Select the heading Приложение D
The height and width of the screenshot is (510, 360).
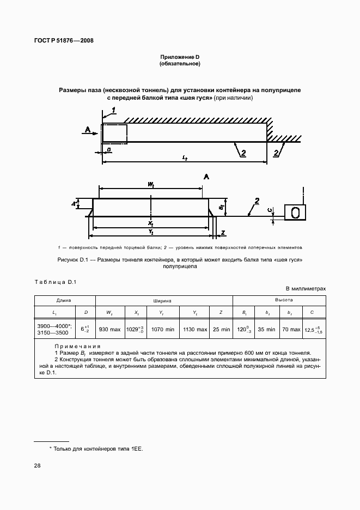click(x=180, y=57)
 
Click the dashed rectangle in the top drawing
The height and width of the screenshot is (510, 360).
click(x=114, y=133)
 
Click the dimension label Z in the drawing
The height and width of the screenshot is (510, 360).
click(x=223, y=233)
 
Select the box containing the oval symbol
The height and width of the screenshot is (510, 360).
click(x=295, y=212)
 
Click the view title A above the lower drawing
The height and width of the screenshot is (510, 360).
click(x=206, y=176)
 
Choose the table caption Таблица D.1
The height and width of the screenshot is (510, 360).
click(x=57, y=281)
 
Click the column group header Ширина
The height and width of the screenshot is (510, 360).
click(x=164, y=300)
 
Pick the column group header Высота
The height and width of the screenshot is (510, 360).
click(x=279, y=300)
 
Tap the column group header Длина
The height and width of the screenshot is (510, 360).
click(x=65, y=300)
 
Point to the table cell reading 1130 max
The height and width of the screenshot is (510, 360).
click(x=194, y=329)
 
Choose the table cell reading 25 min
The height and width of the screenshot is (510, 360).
click(x=221, y=329)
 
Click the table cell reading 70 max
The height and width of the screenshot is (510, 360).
click(x=291, y=329)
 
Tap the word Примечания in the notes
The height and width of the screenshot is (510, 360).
click(x=77, y=346)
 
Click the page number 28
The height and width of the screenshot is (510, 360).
click(x=37, y=465)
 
